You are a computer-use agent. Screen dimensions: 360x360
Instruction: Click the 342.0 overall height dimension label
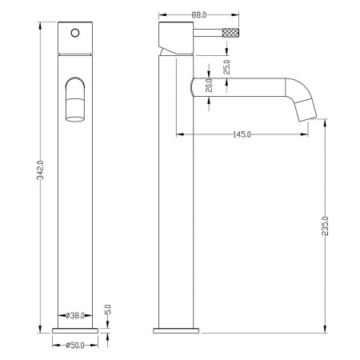41,170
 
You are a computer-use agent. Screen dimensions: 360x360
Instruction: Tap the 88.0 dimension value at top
199,15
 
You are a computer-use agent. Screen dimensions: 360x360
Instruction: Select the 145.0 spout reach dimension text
242,134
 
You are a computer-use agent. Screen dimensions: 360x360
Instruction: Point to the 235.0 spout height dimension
325,226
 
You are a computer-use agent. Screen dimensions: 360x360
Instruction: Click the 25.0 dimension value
226,66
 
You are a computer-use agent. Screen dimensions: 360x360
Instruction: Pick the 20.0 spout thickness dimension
209,85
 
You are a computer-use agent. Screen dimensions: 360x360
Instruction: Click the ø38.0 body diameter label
75,316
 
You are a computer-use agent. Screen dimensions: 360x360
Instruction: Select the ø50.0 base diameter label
75,346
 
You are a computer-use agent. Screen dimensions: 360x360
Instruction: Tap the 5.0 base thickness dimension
107,310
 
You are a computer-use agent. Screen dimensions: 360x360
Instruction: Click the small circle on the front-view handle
75,33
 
